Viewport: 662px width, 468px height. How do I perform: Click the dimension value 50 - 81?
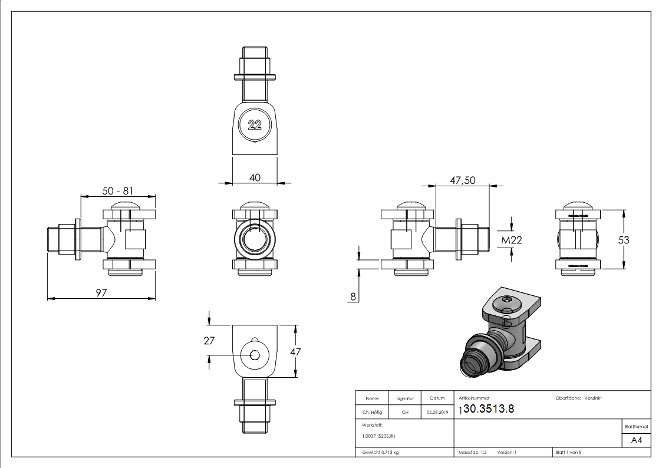[118, 191]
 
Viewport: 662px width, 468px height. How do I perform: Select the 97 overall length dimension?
[101, 293]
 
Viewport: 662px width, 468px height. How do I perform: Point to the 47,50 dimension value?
[463, 180]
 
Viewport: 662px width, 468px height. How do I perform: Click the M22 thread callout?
[511, 240]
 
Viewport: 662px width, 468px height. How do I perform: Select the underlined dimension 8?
[353, 297]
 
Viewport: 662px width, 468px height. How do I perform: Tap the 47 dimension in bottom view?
[295, 351]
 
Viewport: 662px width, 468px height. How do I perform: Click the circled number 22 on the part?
[255, 125]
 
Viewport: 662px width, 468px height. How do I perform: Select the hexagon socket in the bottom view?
[255, 355]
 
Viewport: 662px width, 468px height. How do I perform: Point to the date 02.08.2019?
[437, 413]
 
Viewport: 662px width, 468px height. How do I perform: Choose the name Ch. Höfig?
[372, 413]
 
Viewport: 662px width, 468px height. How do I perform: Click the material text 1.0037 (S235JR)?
[378, 436]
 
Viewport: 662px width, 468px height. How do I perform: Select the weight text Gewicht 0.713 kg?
[381, 452]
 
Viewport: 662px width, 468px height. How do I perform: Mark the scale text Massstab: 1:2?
[473, 452]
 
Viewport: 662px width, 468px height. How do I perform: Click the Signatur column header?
[405, 398]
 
